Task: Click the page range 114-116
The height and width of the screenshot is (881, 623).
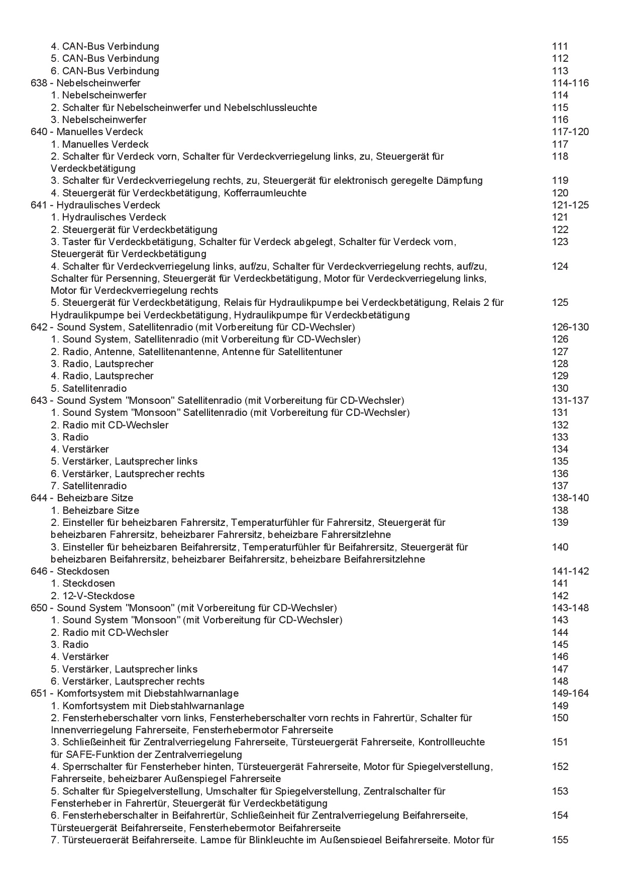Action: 570,83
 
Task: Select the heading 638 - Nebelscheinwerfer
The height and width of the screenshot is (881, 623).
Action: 85,83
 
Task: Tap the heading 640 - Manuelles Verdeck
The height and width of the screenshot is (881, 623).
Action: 86,132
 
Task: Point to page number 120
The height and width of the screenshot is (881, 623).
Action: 560,193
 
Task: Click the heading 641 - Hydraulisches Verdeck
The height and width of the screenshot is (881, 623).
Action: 95,205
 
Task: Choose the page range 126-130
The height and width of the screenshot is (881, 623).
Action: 570,327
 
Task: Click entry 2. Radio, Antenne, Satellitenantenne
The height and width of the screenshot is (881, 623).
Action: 196,352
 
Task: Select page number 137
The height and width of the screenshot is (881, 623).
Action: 560,486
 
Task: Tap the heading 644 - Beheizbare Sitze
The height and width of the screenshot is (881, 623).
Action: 82,498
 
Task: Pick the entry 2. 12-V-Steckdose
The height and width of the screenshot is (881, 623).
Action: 92,596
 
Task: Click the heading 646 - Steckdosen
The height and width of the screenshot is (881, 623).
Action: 70,571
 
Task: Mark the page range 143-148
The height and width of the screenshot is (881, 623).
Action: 570,608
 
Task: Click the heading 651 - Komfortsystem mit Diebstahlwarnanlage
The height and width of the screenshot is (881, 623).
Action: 135,693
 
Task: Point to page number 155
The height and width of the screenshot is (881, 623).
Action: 560,840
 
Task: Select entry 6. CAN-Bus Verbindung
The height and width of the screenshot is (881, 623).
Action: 105,71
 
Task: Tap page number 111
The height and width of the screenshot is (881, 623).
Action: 560,46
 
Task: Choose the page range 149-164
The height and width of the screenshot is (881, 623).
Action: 570,693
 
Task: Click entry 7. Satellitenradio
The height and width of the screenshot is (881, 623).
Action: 89,486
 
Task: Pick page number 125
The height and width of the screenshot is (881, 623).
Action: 560,302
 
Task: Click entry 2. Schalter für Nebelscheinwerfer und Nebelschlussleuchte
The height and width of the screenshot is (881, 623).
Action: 184,107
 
